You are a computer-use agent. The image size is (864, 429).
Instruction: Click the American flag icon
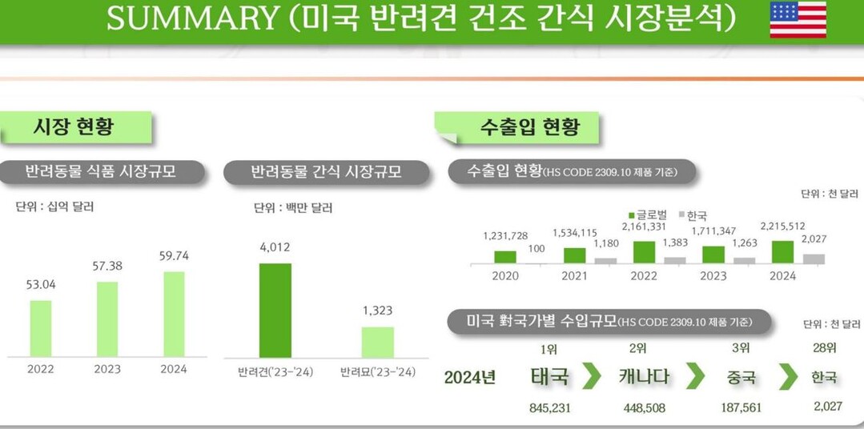(798, 20)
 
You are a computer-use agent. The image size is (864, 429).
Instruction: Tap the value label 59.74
(174, 256)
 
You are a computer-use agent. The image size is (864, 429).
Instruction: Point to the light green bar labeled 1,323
(377, 342)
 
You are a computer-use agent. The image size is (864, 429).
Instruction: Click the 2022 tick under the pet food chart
(41, 369)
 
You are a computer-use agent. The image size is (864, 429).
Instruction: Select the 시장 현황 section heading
(74, 126)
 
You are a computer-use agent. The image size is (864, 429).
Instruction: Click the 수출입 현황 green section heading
(529, 126)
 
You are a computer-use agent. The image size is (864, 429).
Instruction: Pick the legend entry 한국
(693, 215)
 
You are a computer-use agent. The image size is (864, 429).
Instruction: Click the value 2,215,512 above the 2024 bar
(782, 227)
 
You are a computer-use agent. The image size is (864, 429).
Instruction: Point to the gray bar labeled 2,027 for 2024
(814, 259)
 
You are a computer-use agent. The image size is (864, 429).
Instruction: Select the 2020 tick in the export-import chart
(504, 276)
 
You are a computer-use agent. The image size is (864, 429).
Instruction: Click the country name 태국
(549, 376)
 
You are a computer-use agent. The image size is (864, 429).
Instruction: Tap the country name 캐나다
(644, 376)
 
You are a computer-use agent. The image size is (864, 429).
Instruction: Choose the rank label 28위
(825, 348)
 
